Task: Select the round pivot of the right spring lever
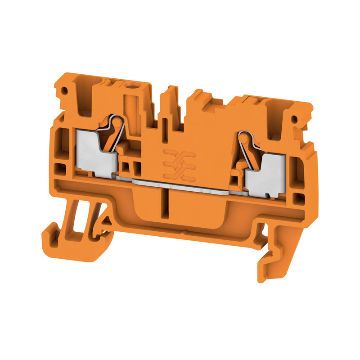[x=244, y=136]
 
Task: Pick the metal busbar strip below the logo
[x=180, y=184]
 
